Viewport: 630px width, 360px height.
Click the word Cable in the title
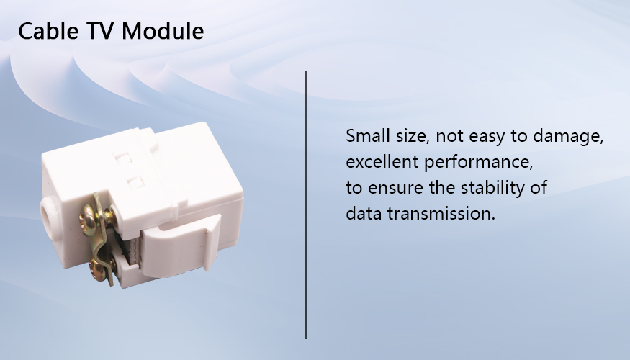48,31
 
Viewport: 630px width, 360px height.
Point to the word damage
568,137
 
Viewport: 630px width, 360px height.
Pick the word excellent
382,162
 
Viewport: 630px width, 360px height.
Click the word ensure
395,189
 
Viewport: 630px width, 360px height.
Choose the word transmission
441,214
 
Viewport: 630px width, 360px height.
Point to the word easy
487,138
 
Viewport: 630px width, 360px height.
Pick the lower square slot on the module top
136,181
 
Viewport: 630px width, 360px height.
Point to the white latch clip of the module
181,247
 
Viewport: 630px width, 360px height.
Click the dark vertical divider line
305,205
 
